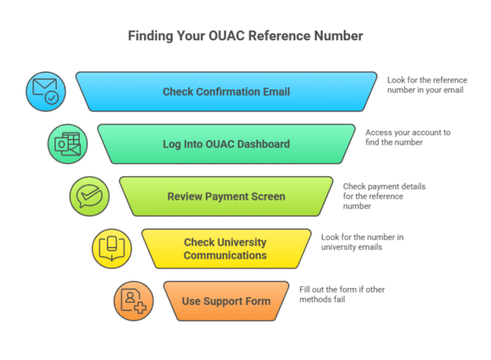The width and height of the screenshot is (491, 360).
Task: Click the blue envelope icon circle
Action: [45, 92]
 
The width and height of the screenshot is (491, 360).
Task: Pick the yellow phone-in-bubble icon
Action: [111, 249]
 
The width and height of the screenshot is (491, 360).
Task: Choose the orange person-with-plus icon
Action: [133, 301]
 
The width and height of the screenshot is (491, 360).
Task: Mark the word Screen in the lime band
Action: [268, 196]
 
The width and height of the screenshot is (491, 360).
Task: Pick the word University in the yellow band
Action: [241, 243]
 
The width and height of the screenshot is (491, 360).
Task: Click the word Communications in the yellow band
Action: [225, 255]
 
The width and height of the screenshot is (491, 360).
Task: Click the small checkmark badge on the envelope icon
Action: [52, 98]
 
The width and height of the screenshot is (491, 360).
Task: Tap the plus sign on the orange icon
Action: [140, 308]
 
